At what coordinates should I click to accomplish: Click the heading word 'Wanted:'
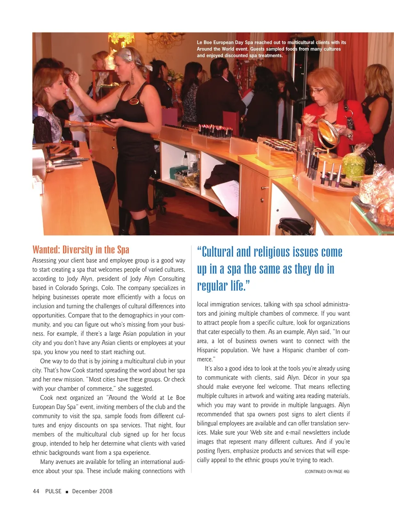(x=46, y=250)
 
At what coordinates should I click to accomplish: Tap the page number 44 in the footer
(x=36, y=491)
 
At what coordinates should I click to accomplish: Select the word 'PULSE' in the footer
(x=53, y=491)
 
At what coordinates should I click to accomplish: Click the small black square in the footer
(x=66, y=491)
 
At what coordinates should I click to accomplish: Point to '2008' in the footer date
(x=105, y=491)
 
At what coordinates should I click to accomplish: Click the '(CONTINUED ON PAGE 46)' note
(x=327, y=471)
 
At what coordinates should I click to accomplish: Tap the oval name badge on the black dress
(x=134, y=101)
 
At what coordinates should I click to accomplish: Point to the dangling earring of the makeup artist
(x=132, y=77)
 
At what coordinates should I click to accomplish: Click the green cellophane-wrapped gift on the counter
(x=353, y=165)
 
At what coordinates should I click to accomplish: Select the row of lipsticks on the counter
(x=215, y=131)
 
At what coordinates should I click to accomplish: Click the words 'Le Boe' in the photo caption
(x=204, y=42)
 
